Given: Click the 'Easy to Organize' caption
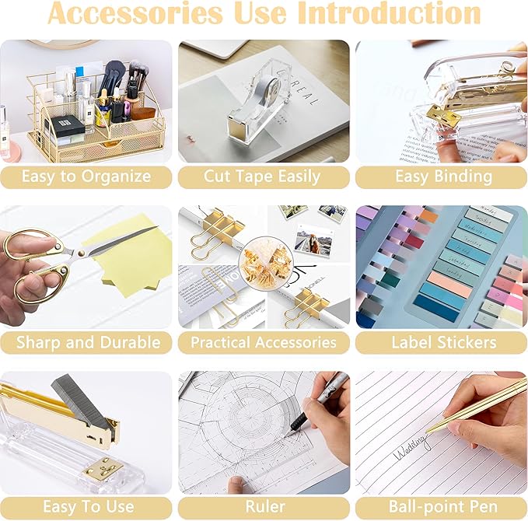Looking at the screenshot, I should (86, 177).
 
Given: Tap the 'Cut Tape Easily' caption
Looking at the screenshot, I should (262, 177).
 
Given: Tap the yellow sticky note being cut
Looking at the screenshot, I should (132, 257).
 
